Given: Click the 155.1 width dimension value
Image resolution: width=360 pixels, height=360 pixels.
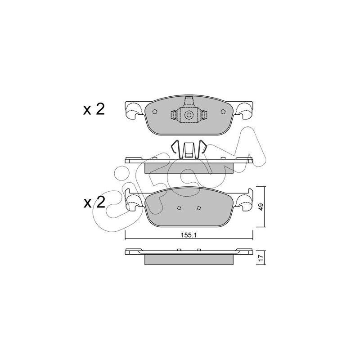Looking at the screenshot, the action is coord(189,235).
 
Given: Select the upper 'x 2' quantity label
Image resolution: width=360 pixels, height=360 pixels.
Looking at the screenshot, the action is coord(94,109).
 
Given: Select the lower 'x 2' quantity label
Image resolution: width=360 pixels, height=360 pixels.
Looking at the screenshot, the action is coord(94,202).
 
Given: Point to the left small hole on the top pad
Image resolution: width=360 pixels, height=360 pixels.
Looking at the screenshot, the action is coord(155,112).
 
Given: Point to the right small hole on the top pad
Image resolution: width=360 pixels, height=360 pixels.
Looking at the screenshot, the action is coord(223,112).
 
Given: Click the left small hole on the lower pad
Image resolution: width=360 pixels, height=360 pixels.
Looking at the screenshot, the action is coord(179,208).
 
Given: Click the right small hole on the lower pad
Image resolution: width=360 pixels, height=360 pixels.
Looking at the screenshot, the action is coord(199,208).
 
